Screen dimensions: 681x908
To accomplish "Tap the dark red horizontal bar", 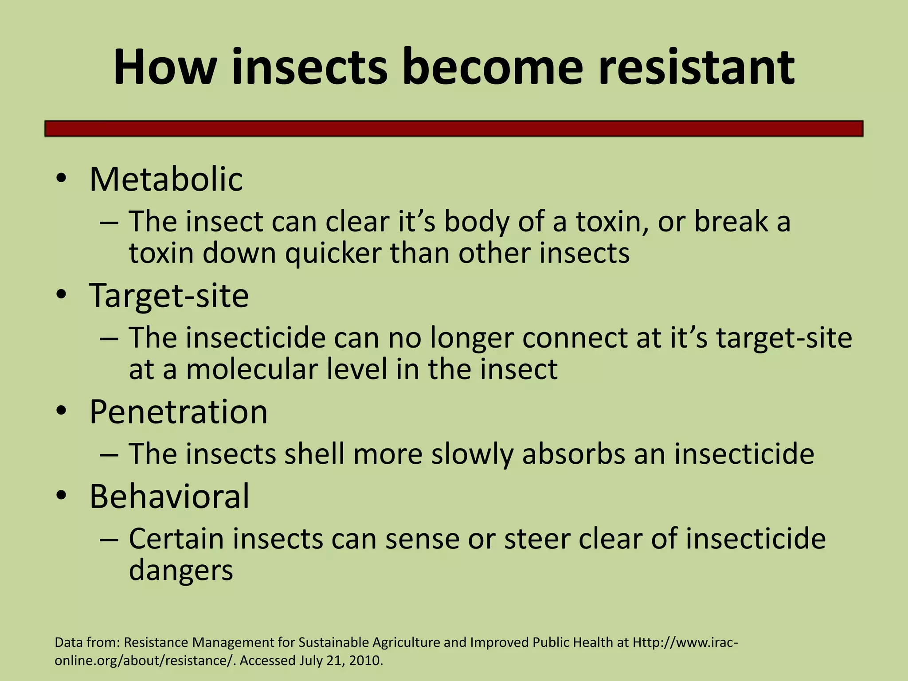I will pyautogui.click(x=454, y=129).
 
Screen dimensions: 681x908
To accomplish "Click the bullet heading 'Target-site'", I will pyautogui.click(x=169, y=295).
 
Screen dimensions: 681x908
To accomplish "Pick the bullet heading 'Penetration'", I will pyautogui.click(x=178, y=412).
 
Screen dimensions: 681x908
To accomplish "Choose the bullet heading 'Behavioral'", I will pyautogui.click(x=169, y=496).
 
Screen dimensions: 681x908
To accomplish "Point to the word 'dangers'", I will pyautogui.click(x=180, y=571).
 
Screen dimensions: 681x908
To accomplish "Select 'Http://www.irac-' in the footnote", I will pyautogui.click(x=685, y=642).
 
